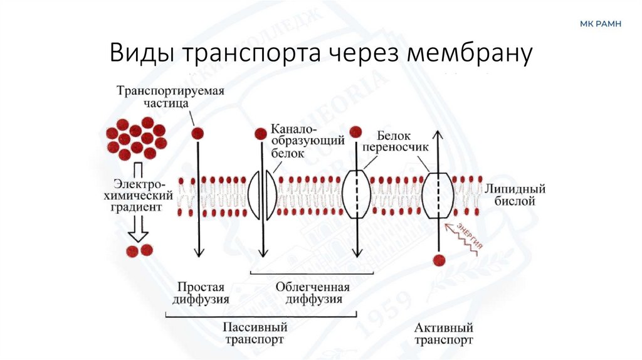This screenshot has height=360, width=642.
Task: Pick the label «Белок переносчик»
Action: coord(403,142)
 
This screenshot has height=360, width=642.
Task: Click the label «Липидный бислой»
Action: coord(514,195)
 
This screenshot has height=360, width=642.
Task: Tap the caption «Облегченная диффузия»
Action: coord(313,293)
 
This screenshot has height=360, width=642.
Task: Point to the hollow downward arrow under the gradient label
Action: coord(138,233)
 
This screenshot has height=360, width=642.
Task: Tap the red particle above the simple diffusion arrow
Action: coord(198,133)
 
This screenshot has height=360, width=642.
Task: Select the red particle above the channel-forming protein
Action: coord(261,134)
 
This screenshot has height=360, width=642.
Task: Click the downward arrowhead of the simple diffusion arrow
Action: coord(199,252)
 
